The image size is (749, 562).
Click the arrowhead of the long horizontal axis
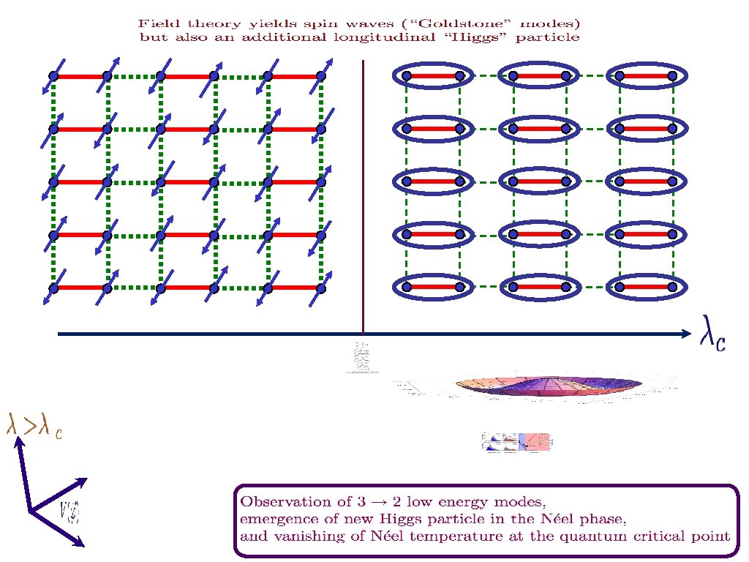[x=685, y=334]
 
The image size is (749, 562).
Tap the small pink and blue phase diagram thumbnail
[x=518, y=441]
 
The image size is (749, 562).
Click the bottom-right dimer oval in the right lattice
[x=646, y=287]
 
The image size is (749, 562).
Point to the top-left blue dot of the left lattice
[x=53, y=75]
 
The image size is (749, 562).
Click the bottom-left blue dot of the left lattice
[x=53, y=288]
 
